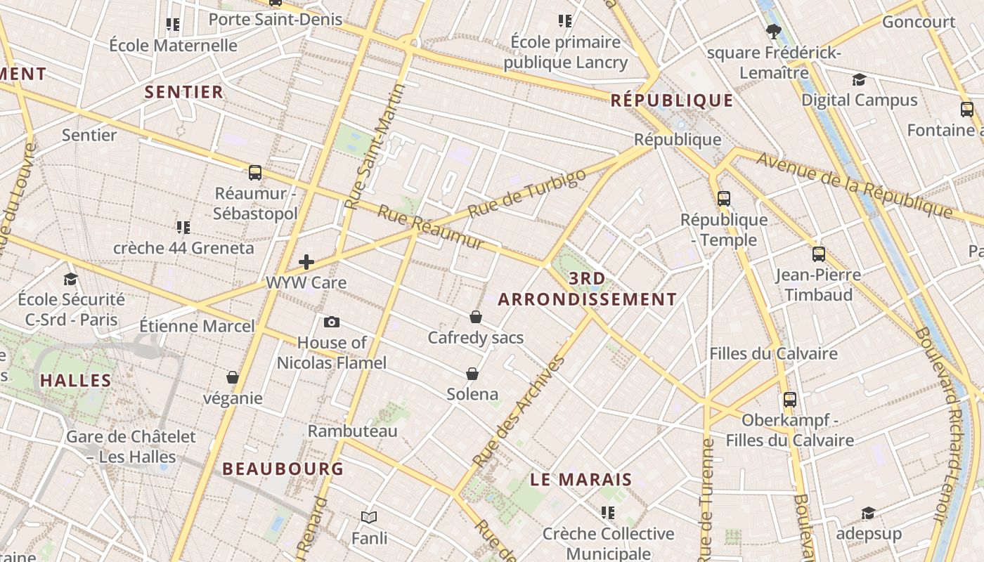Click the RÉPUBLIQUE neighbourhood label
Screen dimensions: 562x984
(x=671, y=100)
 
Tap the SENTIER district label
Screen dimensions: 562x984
(x=183, y=91)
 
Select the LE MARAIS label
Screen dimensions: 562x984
(x=581, y=480)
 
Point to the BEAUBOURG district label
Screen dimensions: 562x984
(x=283, y=469)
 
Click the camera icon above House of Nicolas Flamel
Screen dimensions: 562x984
(x=332, y=322)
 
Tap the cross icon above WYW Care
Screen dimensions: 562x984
(x=306, y=262)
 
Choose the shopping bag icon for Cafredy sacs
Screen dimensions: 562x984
(x=476, y=317)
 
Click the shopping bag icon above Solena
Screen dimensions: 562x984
(x=472, y=373)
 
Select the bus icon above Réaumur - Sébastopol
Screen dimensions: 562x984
(x=255, y=172)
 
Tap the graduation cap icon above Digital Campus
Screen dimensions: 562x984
(x=859, y=79)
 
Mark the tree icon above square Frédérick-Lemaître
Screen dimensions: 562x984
(x=774, y=31)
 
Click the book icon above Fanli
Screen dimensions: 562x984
(x=369, y=517)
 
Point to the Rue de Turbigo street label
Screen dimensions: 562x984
(x=526, y=193)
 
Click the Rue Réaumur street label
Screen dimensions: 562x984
(x=431, y=227)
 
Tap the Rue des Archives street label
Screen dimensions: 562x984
(x=519, y=412)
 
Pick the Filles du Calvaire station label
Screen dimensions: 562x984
(x=773, y=353)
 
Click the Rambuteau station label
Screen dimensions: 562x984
(x=353, y=431)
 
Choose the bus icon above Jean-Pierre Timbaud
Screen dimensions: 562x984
(x=818, y=254)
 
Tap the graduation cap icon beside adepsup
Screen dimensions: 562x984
(x=868, y=514)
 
